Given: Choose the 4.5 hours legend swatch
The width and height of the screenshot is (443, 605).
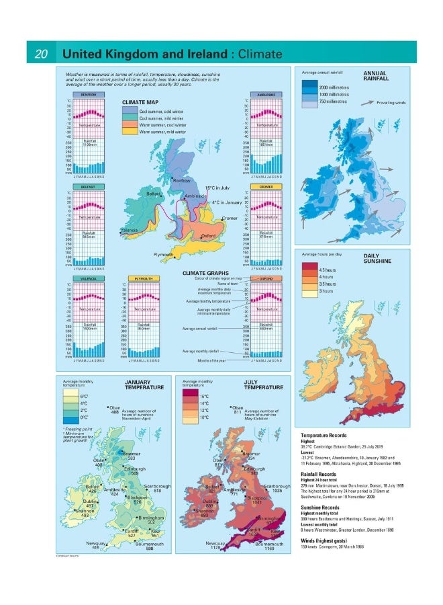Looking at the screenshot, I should click(309, 270).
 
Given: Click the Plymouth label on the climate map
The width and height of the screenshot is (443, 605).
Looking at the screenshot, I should click(163, 255).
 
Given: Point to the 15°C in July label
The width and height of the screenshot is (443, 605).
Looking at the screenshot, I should click(217, 188).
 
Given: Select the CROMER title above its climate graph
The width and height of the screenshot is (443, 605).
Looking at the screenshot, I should click(259, 186).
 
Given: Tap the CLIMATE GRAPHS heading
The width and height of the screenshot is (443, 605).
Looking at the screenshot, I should click(201, 272).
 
